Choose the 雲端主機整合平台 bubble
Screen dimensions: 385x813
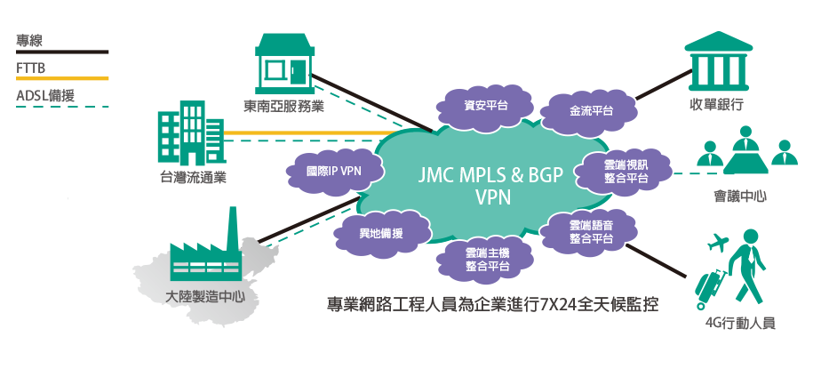486,259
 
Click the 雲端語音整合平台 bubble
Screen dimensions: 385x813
591,231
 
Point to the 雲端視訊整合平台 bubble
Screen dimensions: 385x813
626,172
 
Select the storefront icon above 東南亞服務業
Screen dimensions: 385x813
284,63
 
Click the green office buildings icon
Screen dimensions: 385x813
190,138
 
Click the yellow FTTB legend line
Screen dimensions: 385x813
62,78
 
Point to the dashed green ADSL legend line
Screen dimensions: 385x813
62,107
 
